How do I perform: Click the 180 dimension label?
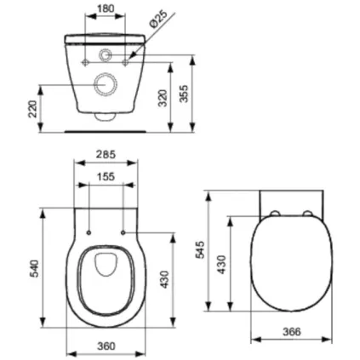106,8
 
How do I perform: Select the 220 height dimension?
33,108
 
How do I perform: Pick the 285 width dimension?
106,157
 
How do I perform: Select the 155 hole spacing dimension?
106,177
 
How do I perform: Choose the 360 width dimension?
106,347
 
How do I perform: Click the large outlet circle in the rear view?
106,83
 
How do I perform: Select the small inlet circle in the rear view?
106,57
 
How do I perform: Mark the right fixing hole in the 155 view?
123,231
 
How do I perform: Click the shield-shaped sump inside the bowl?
106,266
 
